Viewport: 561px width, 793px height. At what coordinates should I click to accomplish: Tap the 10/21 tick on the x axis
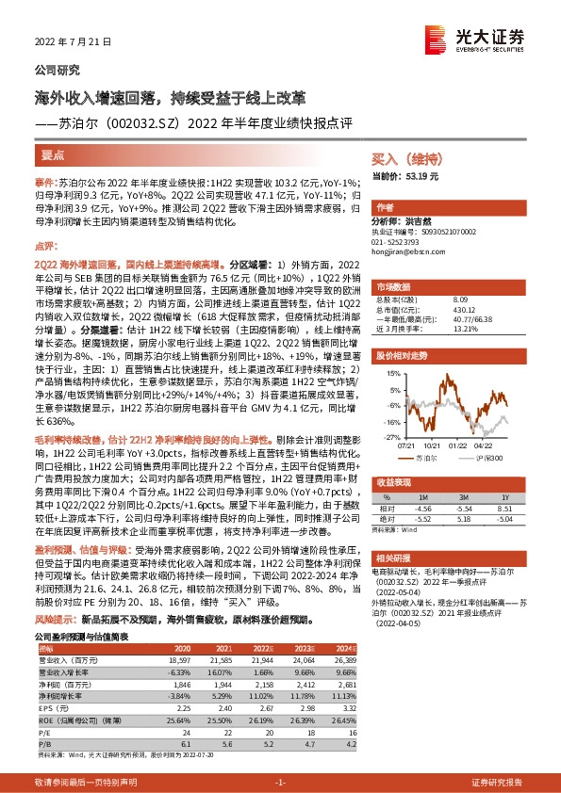431,419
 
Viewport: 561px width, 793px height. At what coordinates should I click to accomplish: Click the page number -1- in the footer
280,783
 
